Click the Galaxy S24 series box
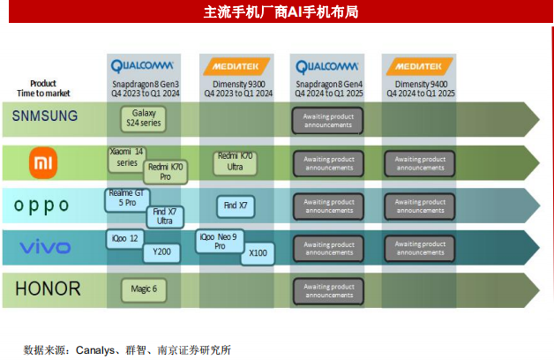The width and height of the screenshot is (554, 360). (x=143, y=119)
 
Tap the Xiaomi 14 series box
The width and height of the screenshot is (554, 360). (x=126, y=157)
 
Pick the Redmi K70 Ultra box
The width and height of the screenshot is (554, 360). (x=235, y=161)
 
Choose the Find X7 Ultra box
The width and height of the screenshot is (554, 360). (x=164, y=216)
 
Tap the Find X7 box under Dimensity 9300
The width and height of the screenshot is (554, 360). (x=236, y=206)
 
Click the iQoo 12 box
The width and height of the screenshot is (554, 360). (x=124, y=238)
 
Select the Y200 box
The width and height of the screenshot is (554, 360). (x=161, y=252)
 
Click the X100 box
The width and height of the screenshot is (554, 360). (x=257, y=253)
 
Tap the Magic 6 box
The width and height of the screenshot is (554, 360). (x=143, y=289)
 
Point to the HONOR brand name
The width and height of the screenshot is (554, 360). (x=48, y=289)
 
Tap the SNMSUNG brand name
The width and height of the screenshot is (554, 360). (x=45, y=116)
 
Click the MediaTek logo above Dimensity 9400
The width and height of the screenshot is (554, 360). (x=417, y=65)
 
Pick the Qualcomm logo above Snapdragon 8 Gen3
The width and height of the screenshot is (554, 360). (x=143, y=65)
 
